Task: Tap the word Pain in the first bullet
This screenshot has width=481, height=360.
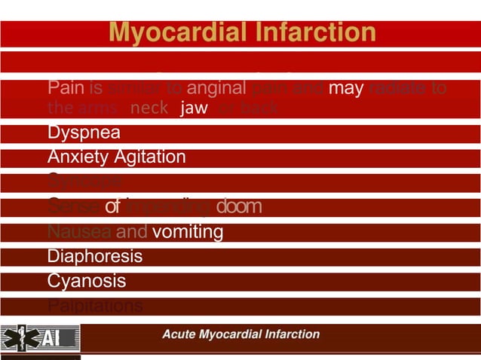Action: pos(64,89)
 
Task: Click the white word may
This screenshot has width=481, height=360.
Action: pos(347,89)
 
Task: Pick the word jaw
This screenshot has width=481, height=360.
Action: pos(195,108)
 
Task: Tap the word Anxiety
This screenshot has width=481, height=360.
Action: pos(77,157)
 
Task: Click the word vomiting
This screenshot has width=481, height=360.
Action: pos(188,232)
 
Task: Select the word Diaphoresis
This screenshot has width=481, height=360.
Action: pos(94,257)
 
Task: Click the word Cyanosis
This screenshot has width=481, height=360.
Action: pos(86,281)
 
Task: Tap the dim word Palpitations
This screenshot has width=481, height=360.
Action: pos(94,306)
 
